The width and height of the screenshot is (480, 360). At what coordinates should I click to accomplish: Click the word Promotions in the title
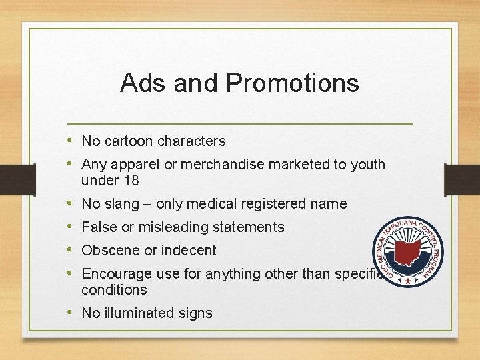click(x=293, y=83)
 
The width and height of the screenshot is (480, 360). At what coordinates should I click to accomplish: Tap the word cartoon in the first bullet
click(x=129, y=141)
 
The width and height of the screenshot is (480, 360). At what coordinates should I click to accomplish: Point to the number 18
click(x=131, y=180)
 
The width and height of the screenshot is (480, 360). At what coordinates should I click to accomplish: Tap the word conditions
click(x=114, y=290)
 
